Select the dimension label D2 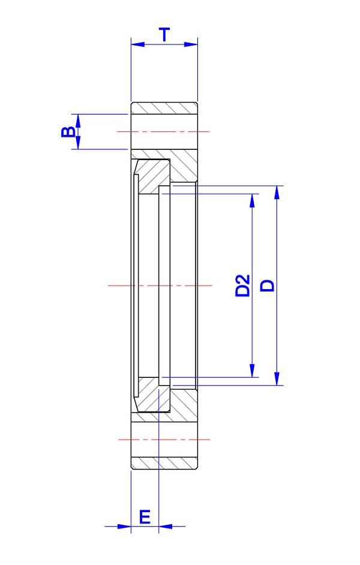(x=242, y=285)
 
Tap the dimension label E (x=145, y=517)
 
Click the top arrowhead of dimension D (x=277, y=193)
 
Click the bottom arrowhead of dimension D (x=277, y=378)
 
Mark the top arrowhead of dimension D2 (x=253, y=200)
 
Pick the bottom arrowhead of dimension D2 (x=253, y=371)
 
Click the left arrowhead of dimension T (x=137, y=44)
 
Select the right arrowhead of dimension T (x=191, y=44)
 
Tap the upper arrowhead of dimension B (x=77, y=120)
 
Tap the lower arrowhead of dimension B (x=77, y=143)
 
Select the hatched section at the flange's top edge (x=164, y=108)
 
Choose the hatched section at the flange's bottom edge (x=164, y=463)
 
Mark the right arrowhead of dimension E (x=165, y=527)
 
